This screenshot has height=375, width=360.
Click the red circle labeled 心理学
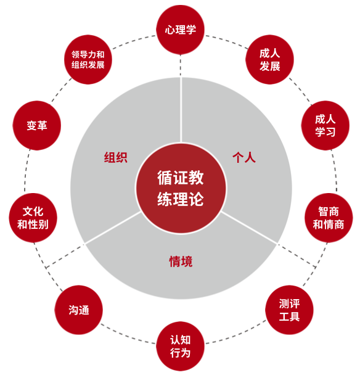click(180, 30)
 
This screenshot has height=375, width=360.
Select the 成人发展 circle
click(269, 60)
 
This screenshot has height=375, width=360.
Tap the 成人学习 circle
click(325, 126)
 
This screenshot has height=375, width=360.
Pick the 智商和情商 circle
click(329, 218)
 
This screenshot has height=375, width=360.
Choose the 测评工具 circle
click(289, 310)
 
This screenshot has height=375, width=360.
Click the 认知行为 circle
click(180, 346)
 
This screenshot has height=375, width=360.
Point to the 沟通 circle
click(79, 310)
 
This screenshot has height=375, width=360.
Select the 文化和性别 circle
click(33, 218)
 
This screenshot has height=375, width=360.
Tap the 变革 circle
click(37, 126)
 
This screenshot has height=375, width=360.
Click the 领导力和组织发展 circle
click(88, 60)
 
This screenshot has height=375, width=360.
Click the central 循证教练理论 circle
click(181, 188)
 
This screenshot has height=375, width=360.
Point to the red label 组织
click(116, 158)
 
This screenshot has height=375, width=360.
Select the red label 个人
click(244, 158)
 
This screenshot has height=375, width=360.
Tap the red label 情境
click(181, 262)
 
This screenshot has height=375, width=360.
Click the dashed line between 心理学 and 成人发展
click(227, 41)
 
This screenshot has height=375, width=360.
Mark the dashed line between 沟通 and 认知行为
click(128, 335)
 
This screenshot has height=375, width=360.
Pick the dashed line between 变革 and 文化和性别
click(27, 171)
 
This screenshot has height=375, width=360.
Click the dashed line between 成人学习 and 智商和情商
click(335, 170)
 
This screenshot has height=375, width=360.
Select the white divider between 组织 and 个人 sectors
click(181, 110)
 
